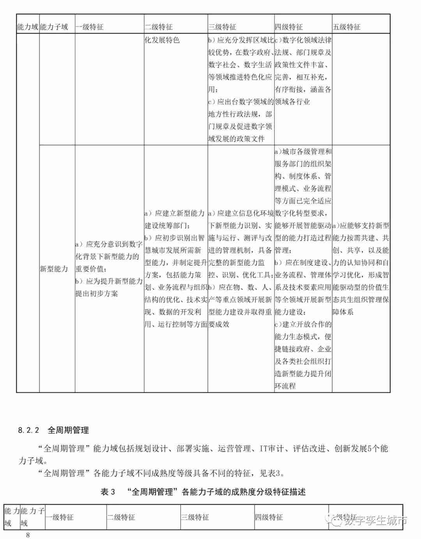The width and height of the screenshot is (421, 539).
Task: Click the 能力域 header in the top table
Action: (x=28, y=27)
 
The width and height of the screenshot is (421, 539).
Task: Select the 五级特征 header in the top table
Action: (x=347, y=27)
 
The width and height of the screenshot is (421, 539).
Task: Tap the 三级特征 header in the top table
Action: (x=222, y=27)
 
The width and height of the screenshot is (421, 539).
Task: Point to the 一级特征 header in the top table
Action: (x=90, y=27)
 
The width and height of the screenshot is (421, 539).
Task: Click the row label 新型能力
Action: (x=54, y=269)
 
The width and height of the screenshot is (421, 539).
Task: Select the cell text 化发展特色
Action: (x=162, y=40)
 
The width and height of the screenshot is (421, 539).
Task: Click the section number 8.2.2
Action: (x=29, y=430)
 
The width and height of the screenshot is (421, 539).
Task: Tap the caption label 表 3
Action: (x=108, y=492)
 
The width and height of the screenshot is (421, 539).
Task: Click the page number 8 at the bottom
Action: (x=28, y=535)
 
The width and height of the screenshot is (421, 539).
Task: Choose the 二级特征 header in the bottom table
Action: (x=121, y=517)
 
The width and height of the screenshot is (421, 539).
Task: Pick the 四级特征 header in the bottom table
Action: (x=269, y=517)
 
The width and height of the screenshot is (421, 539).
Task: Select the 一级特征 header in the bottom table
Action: (x=60, y=517)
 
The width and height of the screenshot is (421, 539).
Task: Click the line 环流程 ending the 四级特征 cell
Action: (x=285, y=386)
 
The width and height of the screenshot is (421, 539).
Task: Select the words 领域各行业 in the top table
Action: (x=292, y=102)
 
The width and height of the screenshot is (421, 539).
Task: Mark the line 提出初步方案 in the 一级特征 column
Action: (x=97, y=293)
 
